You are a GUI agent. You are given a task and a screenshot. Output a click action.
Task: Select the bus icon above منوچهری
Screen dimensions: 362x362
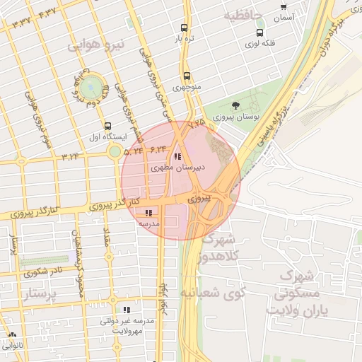(x=187, y=76)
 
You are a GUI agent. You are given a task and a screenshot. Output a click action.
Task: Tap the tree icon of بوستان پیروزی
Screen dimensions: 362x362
(x=245, y=105)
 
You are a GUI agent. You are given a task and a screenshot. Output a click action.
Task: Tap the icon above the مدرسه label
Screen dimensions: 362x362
(x=148, y=213)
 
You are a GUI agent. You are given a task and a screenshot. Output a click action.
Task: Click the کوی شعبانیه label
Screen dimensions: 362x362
(x=210, y=291)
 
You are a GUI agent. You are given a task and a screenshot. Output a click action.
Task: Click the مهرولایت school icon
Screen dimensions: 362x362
(x=127, y=309)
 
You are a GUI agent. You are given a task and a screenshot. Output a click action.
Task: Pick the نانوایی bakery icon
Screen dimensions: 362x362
(x=12, y=335)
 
